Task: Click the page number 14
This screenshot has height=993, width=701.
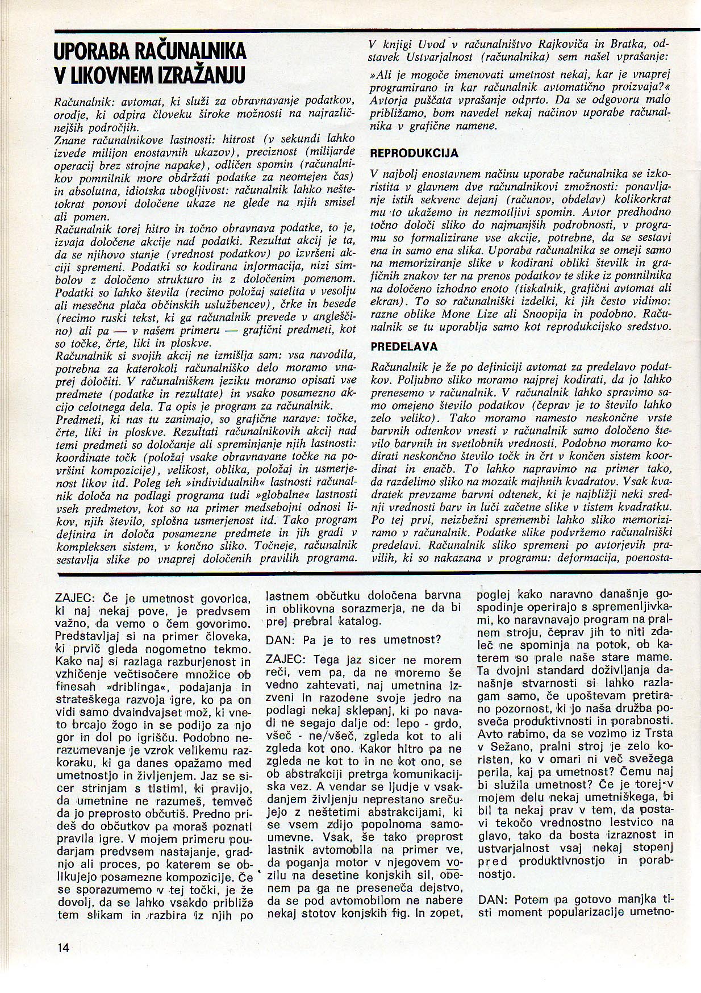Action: click(62, 947)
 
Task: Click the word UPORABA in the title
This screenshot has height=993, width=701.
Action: click(91, 52)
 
